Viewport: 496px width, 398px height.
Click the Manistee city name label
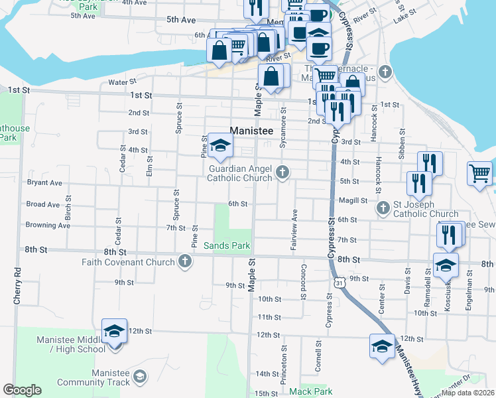tap(252, 131)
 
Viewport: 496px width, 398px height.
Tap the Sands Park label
tap(226, 245)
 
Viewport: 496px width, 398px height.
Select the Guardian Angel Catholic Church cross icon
tap(283, 173)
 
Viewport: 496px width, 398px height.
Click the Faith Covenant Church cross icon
tap(185, 262)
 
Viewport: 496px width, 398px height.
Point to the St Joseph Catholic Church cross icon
tap(383, 209)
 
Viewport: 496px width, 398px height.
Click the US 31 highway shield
tap(340, 283)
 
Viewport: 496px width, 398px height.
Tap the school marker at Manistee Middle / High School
tap(114, 332)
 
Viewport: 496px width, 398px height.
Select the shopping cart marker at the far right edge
tap(479, 174)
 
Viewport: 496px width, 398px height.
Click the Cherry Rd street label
tap(18, 286)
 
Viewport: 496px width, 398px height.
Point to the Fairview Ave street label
tap(294, 230)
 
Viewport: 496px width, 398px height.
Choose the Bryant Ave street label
tap(44, 182)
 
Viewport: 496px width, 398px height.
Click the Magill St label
tap(355, 200)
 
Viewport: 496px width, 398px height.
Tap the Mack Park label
tap(310, 391)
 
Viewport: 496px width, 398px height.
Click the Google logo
tap(23, 390)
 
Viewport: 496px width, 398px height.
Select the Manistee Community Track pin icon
tap(139, 377)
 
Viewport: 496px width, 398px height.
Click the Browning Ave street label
tap(48, 226)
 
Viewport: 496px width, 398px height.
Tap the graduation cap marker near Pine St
tap(219, 146)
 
